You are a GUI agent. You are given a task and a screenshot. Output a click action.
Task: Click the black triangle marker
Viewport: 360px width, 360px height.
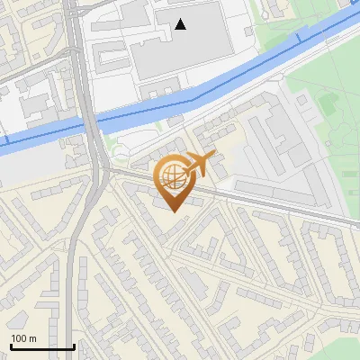(x=181, y=24)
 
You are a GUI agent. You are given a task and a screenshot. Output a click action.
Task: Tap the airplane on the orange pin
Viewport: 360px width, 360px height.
(x=202, y=166)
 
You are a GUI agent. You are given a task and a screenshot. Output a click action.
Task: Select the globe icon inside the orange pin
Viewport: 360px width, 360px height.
(x=173, y=177)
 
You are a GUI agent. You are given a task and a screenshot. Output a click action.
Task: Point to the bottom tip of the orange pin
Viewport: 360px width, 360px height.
(x=174, y=212)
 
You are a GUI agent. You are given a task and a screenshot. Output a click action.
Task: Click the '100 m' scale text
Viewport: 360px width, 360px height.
(x=23, y=338)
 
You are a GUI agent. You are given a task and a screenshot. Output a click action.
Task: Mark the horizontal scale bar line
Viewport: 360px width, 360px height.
(x=42, y=346)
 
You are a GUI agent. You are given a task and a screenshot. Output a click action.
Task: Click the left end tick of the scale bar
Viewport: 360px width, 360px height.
(x=11, y=345)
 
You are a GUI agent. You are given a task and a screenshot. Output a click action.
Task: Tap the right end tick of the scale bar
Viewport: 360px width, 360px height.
(x=74, y=345)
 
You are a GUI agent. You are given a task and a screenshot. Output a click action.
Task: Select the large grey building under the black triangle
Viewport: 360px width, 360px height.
(x=193, y=45)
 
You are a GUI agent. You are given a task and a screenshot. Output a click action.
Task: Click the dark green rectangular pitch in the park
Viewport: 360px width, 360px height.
(x=327, y=106)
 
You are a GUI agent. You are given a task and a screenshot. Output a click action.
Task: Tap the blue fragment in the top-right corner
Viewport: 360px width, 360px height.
(x=353, y=3)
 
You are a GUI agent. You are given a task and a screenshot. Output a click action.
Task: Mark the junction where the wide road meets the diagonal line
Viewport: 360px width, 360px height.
(x=101, y=168)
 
